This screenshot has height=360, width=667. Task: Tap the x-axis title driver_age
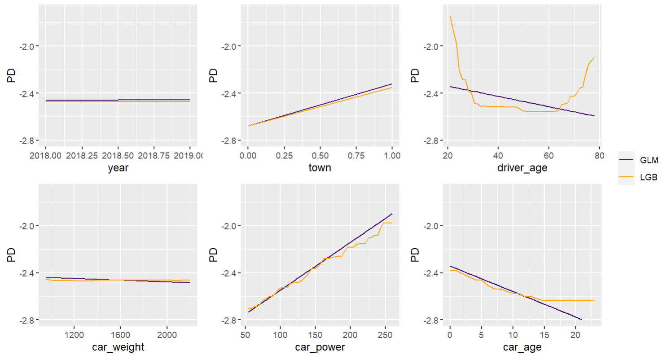(x=522, y=169)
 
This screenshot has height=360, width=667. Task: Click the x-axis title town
(x=320, y=169)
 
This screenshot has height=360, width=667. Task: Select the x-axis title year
(x=118, y=169)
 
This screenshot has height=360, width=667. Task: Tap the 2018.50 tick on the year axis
(x=118, y=155)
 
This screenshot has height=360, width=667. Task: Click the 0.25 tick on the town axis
(x=284, y=155)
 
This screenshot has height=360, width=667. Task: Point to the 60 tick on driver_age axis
(x=548, y=155)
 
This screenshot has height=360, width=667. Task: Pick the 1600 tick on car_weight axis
(x=120, y=335)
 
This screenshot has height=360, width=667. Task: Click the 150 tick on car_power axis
(x=315, y=335)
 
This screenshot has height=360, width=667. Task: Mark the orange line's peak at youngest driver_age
(x=450, y=17)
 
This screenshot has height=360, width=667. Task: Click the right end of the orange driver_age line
(x=594, y=57)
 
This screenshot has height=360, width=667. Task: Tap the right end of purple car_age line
(x=582, y=320)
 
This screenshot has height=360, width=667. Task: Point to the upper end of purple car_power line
(x=392, y=214)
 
